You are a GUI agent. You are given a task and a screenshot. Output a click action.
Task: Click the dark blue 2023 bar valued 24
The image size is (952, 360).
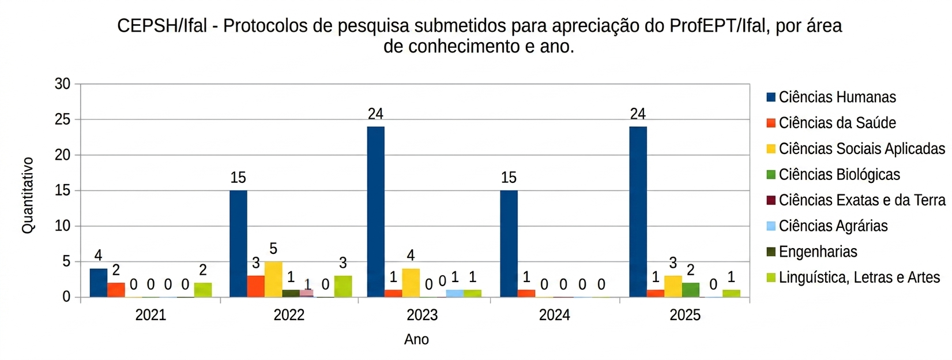tap(375, 212)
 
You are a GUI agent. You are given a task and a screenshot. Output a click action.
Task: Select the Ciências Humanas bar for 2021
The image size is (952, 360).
tap(99, 283)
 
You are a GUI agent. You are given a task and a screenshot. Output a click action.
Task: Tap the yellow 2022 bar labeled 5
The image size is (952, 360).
tap(273, 279)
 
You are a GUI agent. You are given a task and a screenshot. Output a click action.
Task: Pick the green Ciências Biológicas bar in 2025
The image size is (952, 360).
tap(690, 290)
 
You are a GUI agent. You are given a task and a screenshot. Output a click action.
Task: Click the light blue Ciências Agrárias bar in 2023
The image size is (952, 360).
tap(454, 294)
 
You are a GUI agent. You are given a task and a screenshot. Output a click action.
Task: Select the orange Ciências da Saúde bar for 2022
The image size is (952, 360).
tap(255, 287)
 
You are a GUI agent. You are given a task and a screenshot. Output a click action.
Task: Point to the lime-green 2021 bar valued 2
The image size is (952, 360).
tap(203, 290)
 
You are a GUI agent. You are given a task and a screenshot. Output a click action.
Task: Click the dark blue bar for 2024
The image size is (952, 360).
tap(509, 243)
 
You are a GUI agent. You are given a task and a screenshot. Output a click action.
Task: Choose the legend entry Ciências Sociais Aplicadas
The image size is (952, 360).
tap(861, 149)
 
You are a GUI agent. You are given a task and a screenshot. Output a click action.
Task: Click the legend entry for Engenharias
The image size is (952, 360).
tap(818, 252)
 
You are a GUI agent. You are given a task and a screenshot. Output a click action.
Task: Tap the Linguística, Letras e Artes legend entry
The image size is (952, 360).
tap(859, 277)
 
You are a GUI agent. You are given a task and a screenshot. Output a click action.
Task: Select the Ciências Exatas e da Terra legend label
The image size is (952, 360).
tap(861, 200)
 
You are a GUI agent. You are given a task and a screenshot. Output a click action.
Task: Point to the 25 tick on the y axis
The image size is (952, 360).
tap(62, 119)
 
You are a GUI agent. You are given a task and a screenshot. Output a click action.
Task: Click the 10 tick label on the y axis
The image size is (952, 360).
tap(62, 226)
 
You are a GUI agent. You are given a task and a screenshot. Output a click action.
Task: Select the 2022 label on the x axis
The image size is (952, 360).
tap(289, 315)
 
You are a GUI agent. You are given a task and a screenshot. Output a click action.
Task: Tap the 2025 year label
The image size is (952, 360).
tap(685, 315)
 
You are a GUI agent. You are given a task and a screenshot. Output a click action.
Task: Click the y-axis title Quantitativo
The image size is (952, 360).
tap(28, 195)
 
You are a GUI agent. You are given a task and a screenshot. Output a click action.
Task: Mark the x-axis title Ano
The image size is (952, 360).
tap(416, 339)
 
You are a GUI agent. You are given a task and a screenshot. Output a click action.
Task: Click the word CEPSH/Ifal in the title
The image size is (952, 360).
tap(162, 26)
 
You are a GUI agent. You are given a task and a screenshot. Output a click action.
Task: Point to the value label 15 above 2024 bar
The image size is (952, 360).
tap(509, 178)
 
